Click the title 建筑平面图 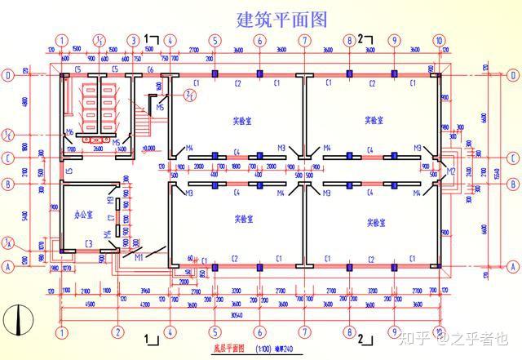(x=281, y=18)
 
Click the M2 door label (x=450, y=171)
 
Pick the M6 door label (x=70, y=132)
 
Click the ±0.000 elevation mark (x=148, y=148)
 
